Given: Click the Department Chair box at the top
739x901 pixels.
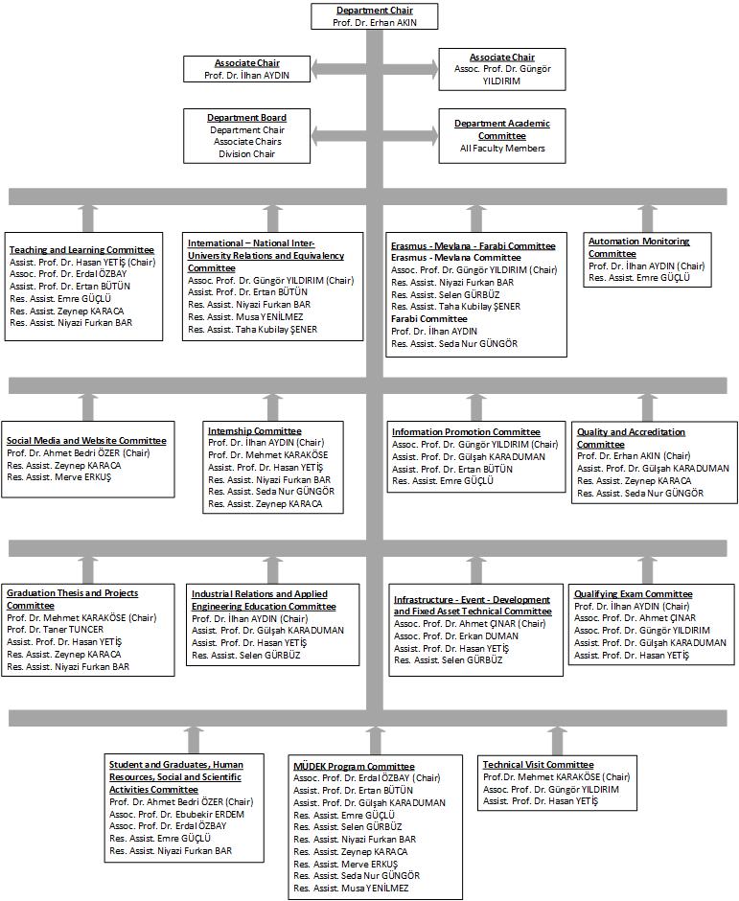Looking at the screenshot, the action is coord(374,16).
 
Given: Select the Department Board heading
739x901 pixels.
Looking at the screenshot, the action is coord(246,118).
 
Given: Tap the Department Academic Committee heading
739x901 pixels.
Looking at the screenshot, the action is coord(502,129).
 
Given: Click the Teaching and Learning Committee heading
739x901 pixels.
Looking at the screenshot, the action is coord(81,250).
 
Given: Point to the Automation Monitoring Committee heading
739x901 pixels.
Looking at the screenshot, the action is coord(638,247).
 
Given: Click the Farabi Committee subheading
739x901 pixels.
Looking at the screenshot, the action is coord(429,319).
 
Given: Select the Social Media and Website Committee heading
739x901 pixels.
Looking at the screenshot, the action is coord(86,441).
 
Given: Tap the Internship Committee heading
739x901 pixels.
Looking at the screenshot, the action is coord(255,431).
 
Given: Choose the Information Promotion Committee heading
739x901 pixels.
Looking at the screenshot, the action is coord(466,432).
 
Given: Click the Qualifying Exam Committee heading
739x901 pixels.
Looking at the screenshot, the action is coord(634,594).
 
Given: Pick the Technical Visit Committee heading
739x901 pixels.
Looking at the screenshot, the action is coord(538,765).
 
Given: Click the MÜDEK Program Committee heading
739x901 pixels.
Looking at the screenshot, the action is coord(354,767).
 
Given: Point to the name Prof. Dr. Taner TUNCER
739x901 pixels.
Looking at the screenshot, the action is coord(56,630).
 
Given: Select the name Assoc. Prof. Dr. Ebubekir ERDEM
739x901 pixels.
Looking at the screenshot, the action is coord(176,814).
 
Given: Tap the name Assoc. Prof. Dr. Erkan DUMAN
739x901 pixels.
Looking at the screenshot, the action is coord(455,636).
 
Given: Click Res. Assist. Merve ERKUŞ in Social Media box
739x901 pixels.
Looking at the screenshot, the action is coord(58,477).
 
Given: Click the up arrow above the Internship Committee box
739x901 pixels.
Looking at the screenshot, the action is coord(272,407).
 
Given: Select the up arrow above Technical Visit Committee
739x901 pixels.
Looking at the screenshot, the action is coord(556,740).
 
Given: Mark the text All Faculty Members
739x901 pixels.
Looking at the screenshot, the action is coord(502,149).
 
